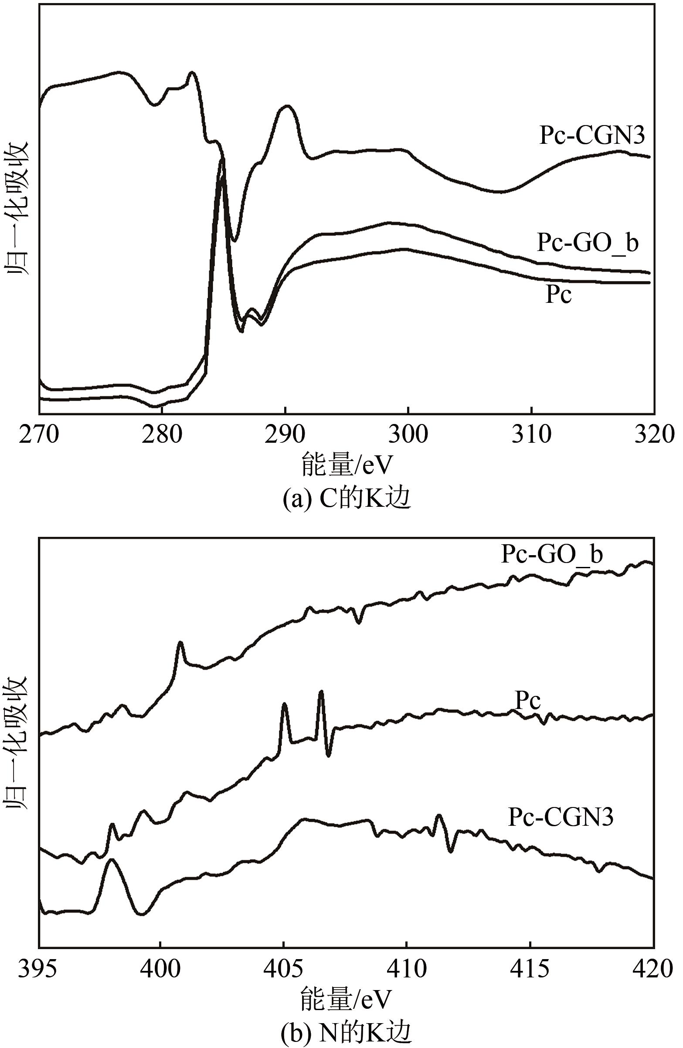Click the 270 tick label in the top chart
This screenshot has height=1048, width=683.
[39, 434]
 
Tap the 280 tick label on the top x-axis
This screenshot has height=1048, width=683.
[162, 434]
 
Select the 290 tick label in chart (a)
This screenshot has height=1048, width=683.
[285, 434]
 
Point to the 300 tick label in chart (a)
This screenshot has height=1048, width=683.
[408, 434]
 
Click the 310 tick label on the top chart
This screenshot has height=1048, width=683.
[531, 434]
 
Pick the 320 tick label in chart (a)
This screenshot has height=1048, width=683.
[654, 434]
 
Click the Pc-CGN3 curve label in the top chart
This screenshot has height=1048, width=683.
[592, 136]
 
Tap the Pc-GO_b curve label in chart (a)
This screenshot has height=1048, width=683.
[588, 243]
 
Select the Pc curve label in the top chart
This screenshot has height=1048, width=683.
[558, 294]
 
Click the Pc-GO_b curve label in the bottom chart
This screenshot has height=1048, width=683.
[552, 554]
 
